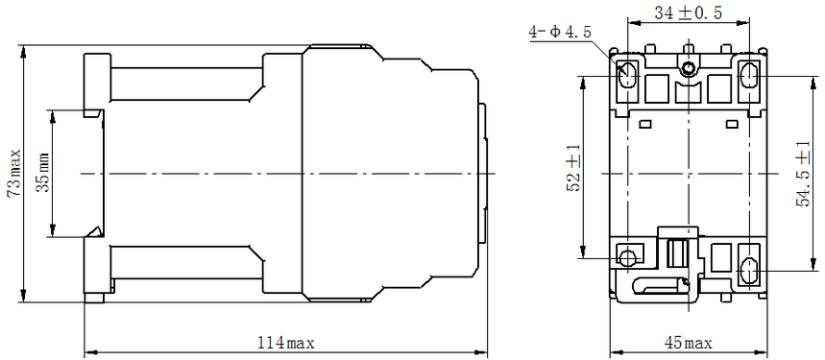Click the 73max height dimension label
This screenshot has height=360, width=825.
(13, 173)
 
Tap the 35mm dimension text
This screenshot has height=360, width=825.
(43, 173)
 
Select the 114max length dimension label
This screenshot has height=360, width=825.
(285, 344)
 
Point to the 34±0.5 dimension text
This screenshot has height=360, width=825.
(689, 13)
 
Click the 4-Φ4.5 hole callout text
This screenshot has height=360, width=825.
(560, 32)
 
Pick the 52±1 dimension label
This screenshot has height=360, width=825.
(573, 168)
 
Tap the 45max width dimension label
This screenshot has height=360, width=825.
(689, 344)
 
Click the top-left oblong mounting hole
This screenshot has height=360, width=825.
(628, 75)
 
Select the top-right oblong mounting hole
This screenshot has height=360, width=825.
(749, 75)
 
